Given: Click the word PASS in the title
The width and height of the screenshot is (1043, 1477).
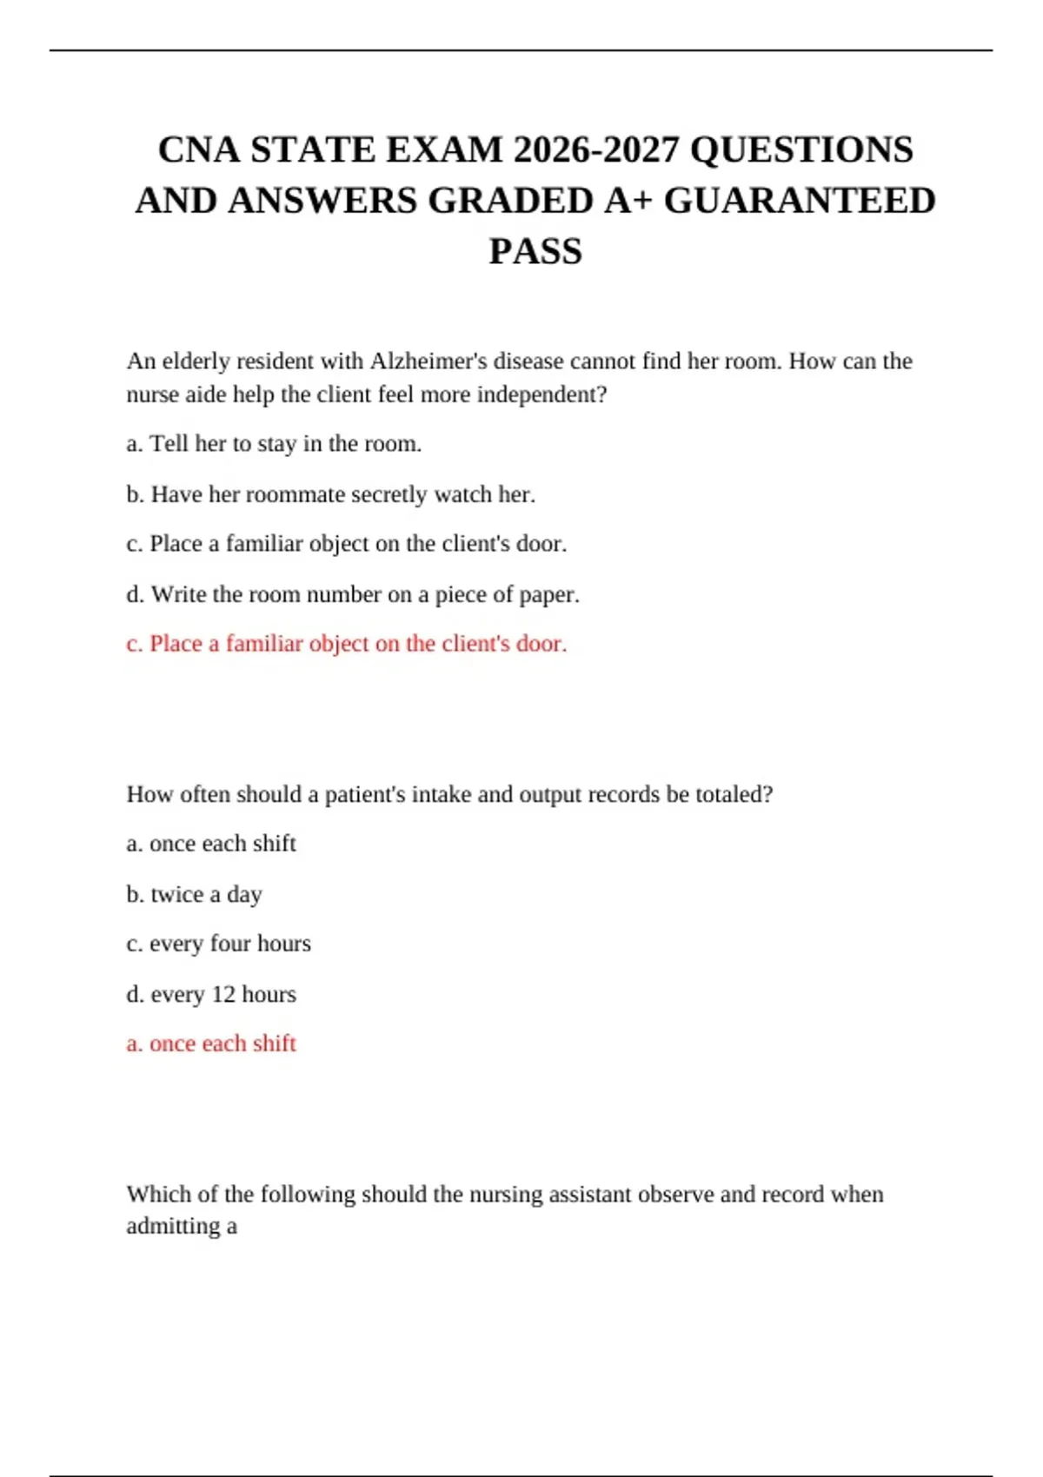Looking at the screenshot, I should (535, 252).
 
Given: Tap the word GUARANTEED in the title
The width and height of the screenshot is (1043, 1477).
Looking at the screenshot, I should (800, 201).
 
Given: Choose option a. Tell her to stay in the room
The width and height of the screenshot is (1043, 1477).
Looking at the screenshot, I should (274, 444).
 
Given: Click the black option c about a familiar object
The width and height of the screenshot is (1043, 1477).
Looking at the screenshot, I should (346, 544).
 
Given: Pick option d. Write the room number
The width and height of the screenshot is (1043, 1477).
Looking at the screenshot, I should (352, 594).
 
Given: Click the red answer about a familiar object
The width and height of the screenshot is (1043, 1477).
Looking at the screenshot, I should (346, 644).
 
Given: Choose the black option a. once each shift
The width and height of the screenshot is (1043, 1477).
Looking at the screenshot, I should (211, 844).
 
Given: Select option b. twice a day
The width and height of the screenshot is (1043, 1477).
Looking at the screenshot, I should (194, 894).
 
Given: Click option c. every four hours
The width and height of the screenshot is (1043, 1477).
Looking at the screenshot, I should (218, 944).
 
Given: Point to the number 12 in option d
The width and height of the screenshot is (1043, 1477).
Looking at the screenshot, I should (223, 994).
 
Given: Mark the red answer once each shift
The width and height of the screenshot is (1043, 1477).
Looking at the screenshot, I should (211, 1043).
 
